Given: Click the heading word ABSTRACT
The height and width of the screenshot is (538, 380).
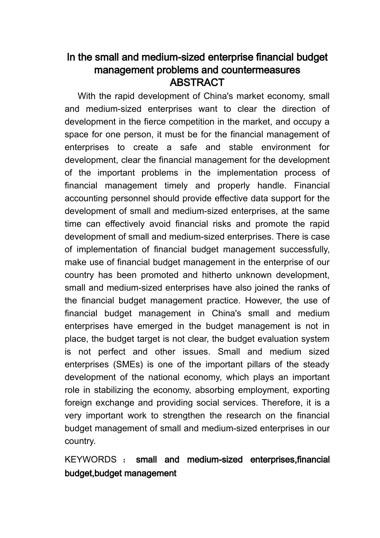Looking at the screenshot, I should click(197, 83).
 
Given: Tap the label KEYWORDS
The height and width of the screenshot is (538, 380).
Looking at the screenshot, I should click(90, 460).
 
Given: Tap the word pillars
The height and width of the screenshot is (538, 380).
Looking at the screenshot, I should click(270, 364).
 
